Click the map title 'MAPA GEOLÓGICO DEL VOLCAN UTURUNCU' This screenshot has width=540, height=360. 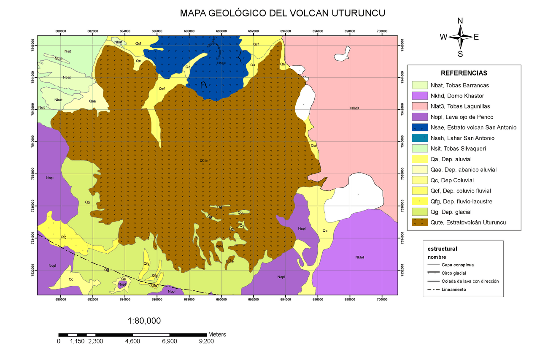pos(282,13)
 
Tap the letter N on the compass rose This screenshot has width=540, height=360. pos(460,21)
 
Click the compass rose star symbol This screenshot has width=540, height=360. pos(460,37)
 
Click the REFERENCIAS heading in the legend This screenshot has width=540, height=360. pos(464,73)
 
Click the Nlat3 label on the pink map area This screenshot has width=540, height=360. pos(354,108)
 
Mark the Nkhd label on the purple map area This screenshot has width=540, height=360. pos(359,257)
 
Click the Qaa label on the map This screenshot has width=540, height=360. pos(92,101)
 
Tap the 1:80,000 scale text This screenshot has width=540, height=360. pos(144,321)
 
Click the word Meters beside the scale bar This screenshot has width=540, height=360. pos(217,334)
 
